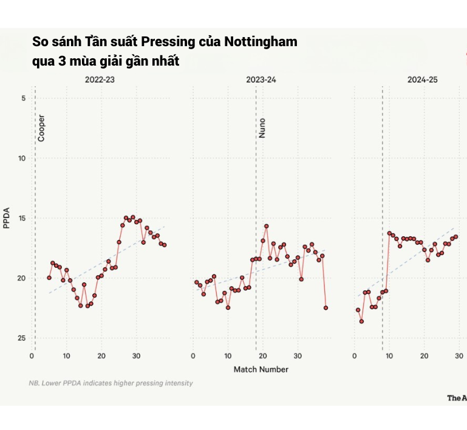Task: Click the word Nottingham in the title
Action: tap(261, 43)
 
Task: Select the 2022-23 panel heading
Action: tap(101, 80)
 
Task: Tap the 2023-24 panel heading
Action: tap(261, 80)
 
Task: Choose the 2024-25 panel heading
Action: tap(422, 80)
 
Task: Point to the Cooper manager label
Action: tap(41, 128)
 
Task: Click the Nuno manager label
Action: tap(262, 128)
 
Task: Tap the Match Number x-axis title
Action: tap(261, 369)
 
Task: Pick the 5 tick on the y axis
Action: tap(23, 98)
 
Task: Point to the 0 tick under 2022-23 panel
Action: tap(32, 356)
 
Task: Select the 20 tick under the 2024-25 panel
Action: tap(424, 356)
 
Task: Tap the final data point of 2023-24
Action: tap(326, 308)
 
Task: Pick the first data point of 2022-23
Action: tap(49, 278)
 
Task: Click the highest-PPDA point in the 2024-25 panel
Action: tap(361, 321)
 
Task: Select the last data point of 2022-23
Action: tap(165, 245)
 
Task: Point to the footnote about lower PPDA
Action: tap(111, 383)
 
